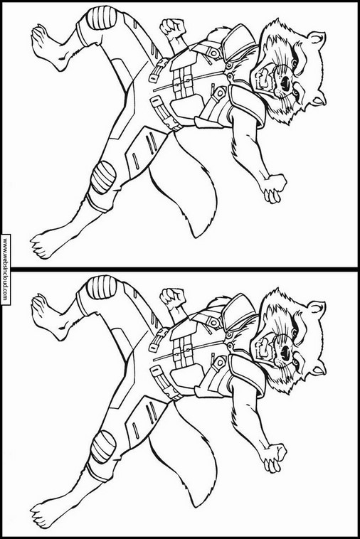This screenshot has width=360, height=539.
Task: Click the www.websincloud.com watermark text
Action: coord(5,269)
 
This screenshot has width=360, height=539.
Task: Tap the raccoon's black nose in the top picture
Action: coord(286,82)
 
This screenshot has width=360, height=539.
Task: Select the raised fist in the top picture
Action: coord(172,27)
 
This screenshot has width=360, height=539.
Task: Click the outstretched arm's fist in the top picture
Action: coord(275,188)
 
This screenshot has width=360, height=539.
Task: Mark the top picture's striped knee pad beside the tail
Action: coord(103,177)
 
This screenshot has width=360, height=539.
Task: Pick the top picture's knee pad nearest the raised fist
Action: coord(101,18)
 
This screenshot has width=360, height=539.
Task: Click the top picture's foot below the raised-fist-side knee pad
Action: coord(48,46)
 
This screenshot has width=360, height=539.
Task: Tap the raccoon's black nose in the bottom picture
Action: coord(286,352)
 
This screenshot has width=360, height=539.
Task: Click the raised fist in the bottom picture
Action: coord(172,297)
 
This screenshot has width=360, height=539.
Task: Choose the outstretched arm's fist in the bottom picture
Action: coord(275,457)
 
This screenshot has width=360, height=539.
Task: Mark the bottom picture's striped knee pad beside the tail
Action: coord(103,447)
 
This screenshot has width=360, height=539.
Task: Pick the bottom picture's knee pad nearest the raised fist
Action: coord(101,288)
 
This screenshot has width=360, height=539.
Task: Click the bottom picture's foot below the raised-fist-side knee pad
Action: coord(48,316)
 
